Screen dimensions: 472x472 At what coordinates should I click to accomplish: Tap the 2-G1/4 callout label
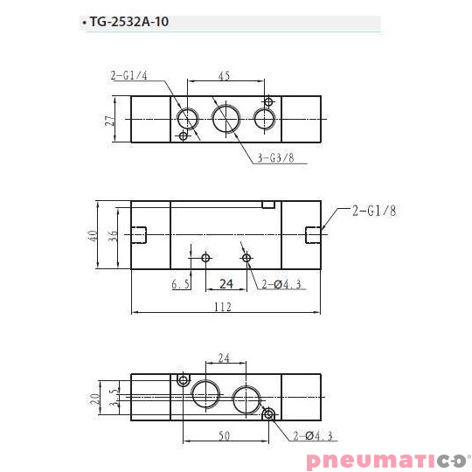tap(130, 77)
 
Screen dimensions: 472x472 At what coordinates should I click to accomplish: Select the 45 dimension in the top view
tap(224, 76)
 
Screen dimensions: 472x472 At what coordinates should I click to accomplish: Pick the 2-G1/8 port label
tap(375, 211)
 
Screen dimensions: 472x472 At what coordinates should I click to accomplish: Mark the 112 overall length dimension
tap(226, 306)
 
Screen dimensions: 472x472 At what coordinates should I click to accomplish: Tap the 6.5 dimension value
tap(180, 284)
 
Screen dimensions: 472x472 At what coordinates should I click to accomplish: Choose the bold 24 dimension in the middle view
tap(226, 283)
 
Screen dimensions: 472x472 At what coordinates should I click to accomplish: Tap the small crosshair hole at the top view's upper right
tap(267, 101)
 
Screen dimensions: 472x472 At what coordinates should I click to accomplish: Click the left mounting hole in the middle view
tap(205, 258)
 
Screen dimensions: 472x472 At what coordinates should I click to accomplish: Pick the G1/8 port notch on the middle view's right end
tap(313, 234)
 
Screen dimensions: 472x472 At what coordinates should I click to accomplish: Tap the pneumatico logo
tap(387, 460)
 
